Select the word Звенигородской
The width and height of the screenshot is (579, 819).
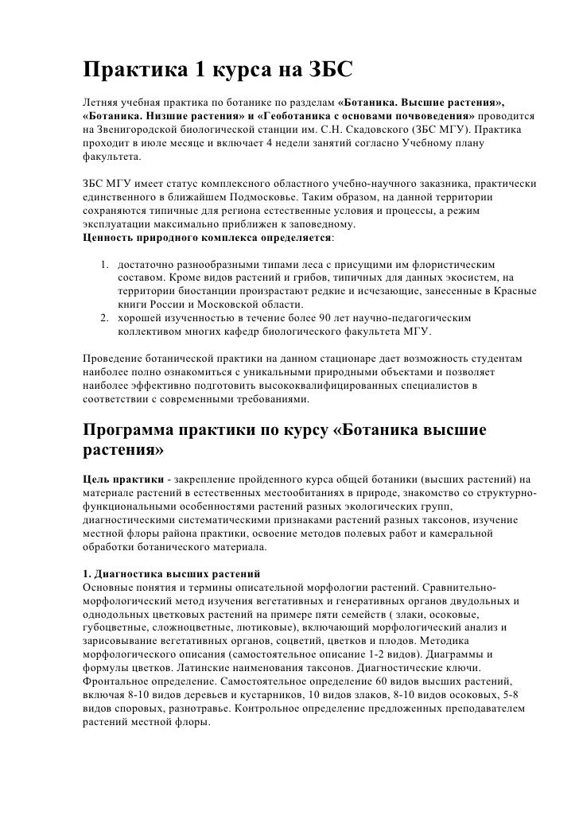(x=135, y=128)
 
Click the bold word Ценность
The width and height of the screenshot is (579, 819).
(x=109, y=239)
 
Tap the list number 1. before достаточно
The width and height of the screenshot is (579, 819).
(x=105, y=262)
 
